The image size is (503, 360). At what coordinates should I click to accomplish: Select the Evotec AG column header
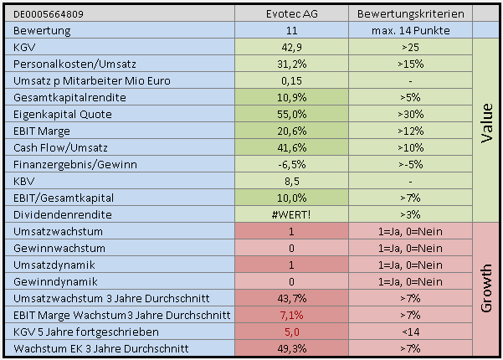point(292,14)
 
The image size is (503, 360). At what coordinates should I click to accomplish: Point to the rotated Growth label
point(487,287)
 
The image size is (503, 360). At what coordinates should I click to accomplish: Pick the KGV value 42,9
point(292,49)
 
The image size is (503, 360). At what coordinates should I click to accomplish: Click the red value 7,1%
point(292,315)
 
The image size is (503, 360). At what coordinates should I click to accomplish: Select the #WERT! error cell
point(292,213)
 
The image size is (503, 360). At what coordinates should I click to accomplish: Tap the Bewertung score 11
point(292,31)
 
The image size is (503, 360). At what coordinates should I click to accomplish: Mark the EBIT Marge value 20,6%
point(292,130)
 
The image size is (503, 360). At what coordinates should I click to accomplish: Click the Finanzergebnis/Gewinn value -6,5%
point(292,163)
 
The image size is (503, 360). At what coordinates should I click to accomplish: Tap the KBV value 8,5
point(292,180)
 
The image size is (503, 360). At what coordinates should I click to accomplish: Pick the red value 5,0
point(292,332)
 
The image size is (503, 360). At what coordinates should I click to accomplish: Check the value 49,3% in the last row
point(292,348)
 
